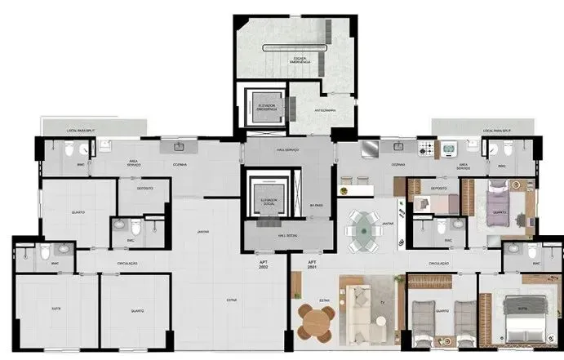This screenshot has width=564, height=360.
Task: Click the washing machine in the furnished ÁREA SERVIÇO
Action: point(450,150)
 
